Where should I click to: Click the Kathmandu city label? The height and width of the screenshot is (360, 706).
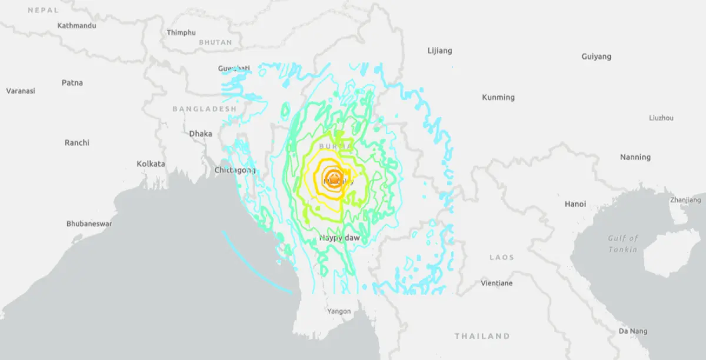point(76,26)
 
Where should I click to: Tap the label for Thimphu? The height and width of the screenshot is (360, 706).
point(181,33)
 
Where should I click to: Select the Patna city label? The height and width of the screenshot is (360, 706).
point(72,83)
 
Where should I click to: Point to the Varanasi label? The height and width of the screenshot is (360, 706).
point(21,91)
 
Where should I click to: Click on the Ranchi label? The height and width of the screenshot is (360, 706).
point(77,143)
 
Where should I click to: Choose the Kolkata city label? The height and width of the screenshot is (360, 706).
point(151,164)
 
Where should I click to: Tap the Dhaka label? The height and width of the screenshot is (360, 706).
point(201,134)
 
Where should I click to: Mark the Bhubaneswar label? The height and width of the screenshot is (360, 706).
point(89,224)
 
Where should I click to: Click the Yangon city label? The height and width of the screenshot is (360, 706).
point(339,311)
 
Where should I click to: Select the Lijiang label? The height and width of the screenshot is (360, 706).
point(439,51)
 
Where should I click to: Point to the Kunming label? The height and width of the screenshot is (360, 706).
point(498,98)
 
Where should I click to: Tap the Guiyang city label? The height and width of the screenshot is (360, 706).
point(596,57)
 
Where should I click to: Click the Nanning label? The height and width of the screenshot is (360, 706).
point(635,158)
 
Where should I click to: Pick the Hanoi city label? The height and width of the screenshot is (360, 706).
point(575,205)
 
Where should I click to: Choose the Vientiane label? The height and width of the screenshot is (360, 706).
point(497,284)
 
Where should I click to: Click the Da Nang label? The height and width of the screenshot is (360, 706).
point(632,332)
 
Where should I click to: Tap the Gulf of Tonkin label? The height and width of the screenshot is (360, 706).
point(623,244)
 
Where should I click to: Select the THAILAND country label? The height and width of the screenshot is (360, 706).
point(482,336)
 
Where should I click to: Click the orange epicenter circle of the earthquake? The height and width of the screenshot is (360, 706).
point(334,177)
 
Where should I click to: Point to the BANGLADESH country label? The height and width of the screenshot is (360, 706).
point(204,109)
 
